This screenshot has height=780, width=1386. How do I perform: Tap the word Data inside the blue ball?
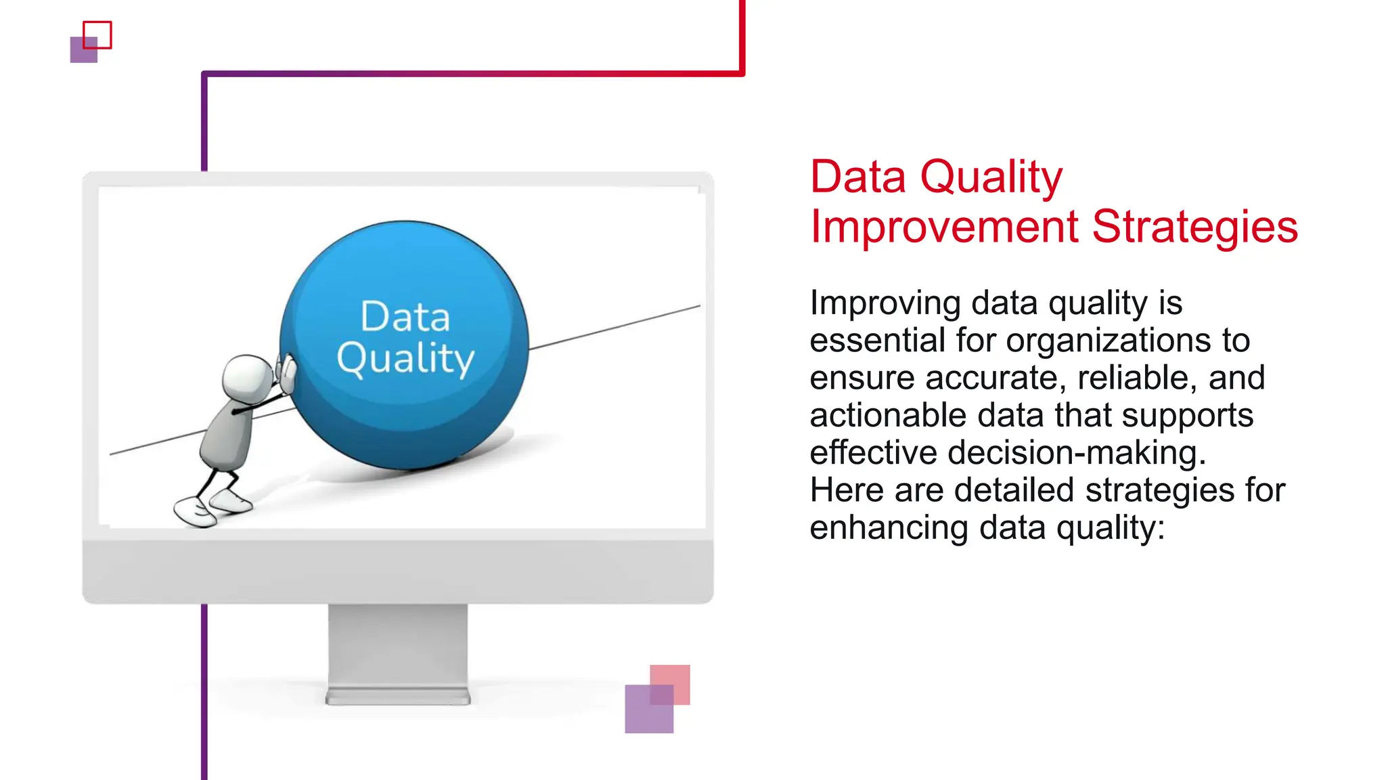click(x=405, y=317)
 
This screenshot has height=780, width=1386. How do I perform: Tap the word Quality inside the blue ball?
click(x=405, y=358)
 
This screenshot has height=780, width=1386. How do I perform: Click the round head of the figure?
click(x=247, y=378)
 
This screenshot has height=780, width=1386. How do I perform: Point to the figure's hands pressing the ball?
click(x=287, y=372)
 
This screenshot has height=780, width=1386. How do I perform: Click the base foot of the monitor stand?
click(x=398, y=697)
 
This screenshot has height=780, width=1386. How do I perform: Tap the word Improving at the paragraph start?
click(x=885, y=303)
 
